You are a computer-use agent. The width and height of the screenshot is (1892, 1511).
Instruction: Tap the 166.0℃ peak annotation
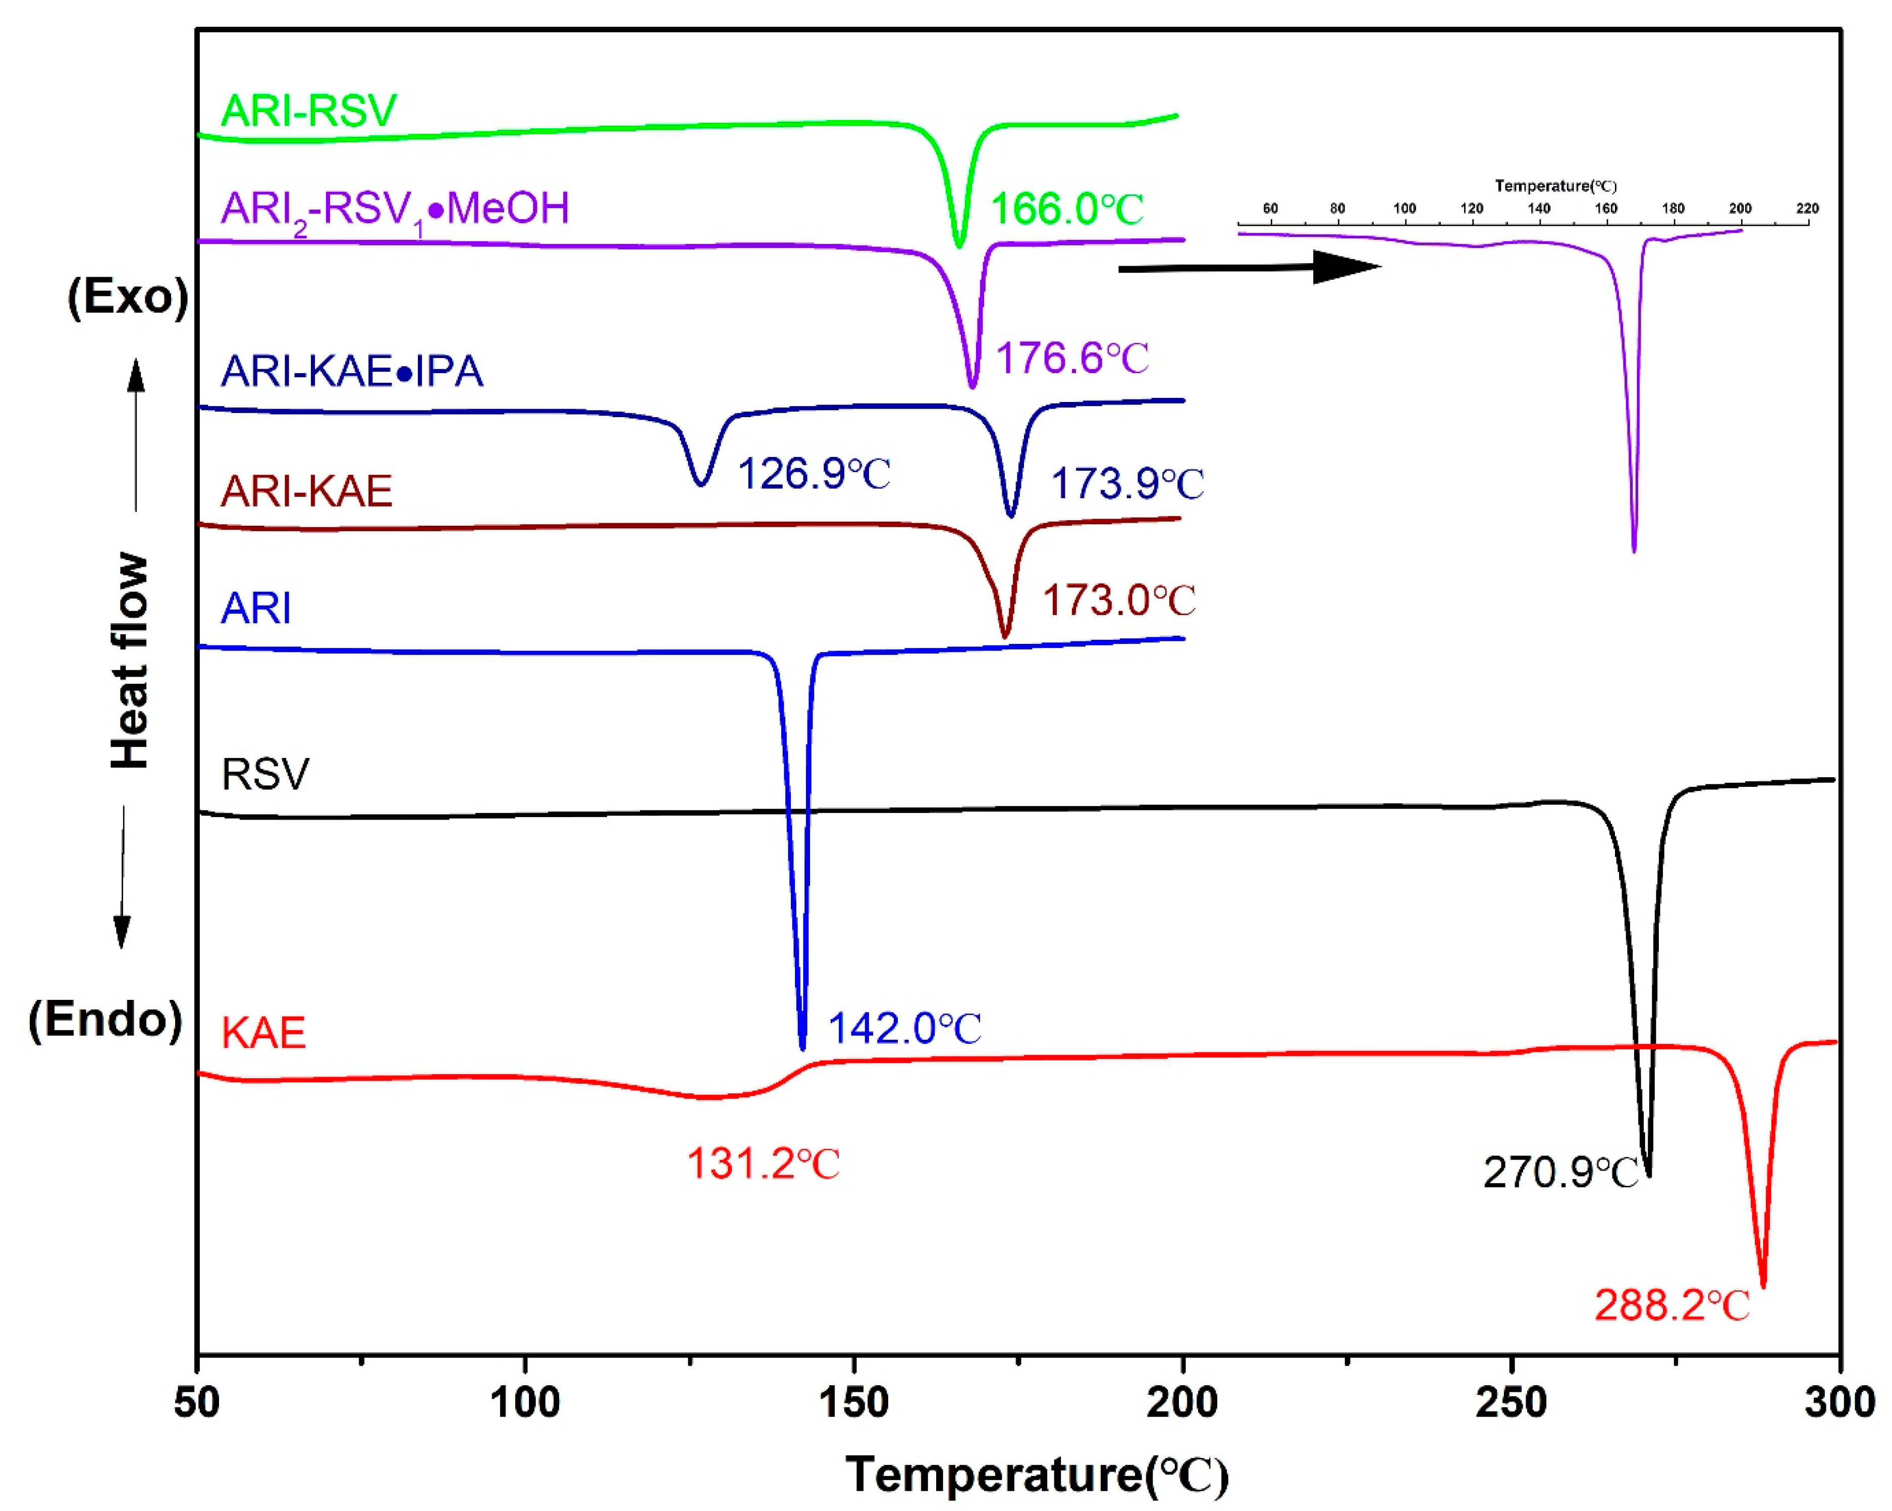click(1066, 209)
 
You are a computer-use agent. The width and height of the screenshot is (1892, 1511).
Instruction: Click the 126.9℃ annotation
click(814, 474)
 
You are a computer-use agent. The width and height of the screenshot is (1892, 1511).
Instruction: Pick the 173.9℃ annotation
click(1127, 484)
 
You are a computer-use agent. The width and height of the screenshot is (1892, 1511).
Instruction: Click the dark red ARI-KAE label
click(306, 491)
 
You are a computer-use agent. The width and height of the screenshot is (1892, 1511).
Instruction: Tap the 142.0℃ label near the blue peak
click(904, 1028)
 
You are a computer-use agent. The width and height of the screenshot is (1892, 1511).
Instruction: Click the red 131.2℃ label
click(763, 1164)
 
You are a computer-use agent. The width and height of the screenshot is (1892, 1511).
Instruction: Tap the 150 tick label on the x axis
click(854, 1402)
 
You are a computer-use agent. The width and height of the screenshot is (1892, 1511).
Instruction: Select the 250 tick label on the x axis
click(1511, 1402)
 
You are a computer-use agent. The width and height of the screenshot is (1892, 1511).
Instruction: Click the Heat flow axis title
click(130, 660)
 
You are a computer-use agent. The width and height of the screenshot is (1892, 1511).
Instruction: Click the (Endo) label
click(105, 1019)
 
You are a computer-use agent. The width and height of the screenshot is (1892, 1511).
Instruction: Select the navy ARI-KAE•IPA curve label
click(352, 371)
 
